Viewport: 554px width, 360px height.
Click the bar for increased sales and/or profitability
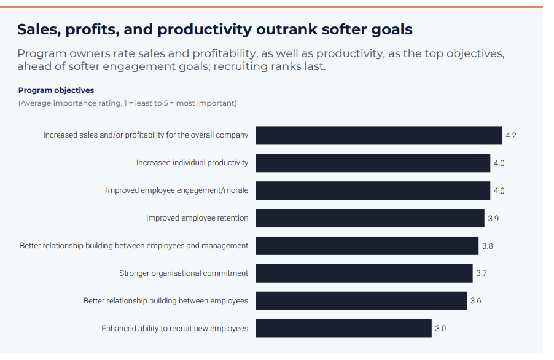(x=379, y=135)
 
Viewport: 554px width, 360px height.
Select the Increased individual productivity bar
(x=373, y=163)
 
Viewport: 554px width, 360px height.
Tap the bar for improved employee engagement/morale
(x=373, y=190)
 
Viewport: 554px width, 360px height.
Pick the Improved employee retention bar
(x=370, y=218)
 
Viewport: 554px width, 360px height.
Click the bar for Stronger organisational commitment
(x=364, y=273)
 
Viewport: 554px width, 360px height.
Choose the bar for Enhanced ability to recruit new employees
(x=344, y=328)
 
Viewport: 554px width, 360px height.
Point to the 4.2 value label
(x=511, y=136)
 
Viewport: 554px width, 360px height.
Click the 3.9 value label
(x=493, y=218)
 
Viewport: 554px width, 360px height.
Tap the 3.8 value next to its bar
(x=488, y=246)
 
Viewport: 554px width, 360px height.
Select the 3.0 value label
(x=440, y=329)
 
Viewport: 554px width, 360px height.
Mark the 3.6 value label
(x=475, y=300)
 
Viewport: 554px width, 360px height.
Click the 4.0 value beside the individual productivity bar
(x=499, y=163)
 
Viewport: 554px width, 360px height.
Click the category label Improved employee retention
(x=197, y=218)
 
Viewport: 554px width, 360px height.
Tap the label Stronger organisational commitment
(x=184, y=273)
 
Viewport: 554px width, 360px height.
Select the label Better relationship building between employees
(x=166, y=300)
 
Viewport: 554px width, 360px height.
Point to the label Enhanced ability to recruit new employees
(x=175, y=329)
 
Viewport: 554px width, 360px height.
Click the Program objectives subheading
(x=56, y=90)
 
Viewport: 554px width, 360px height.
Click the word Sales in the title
(x=39, y=29)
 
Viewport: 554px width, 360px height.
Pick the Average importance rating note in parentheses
(x=128, y=103)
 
